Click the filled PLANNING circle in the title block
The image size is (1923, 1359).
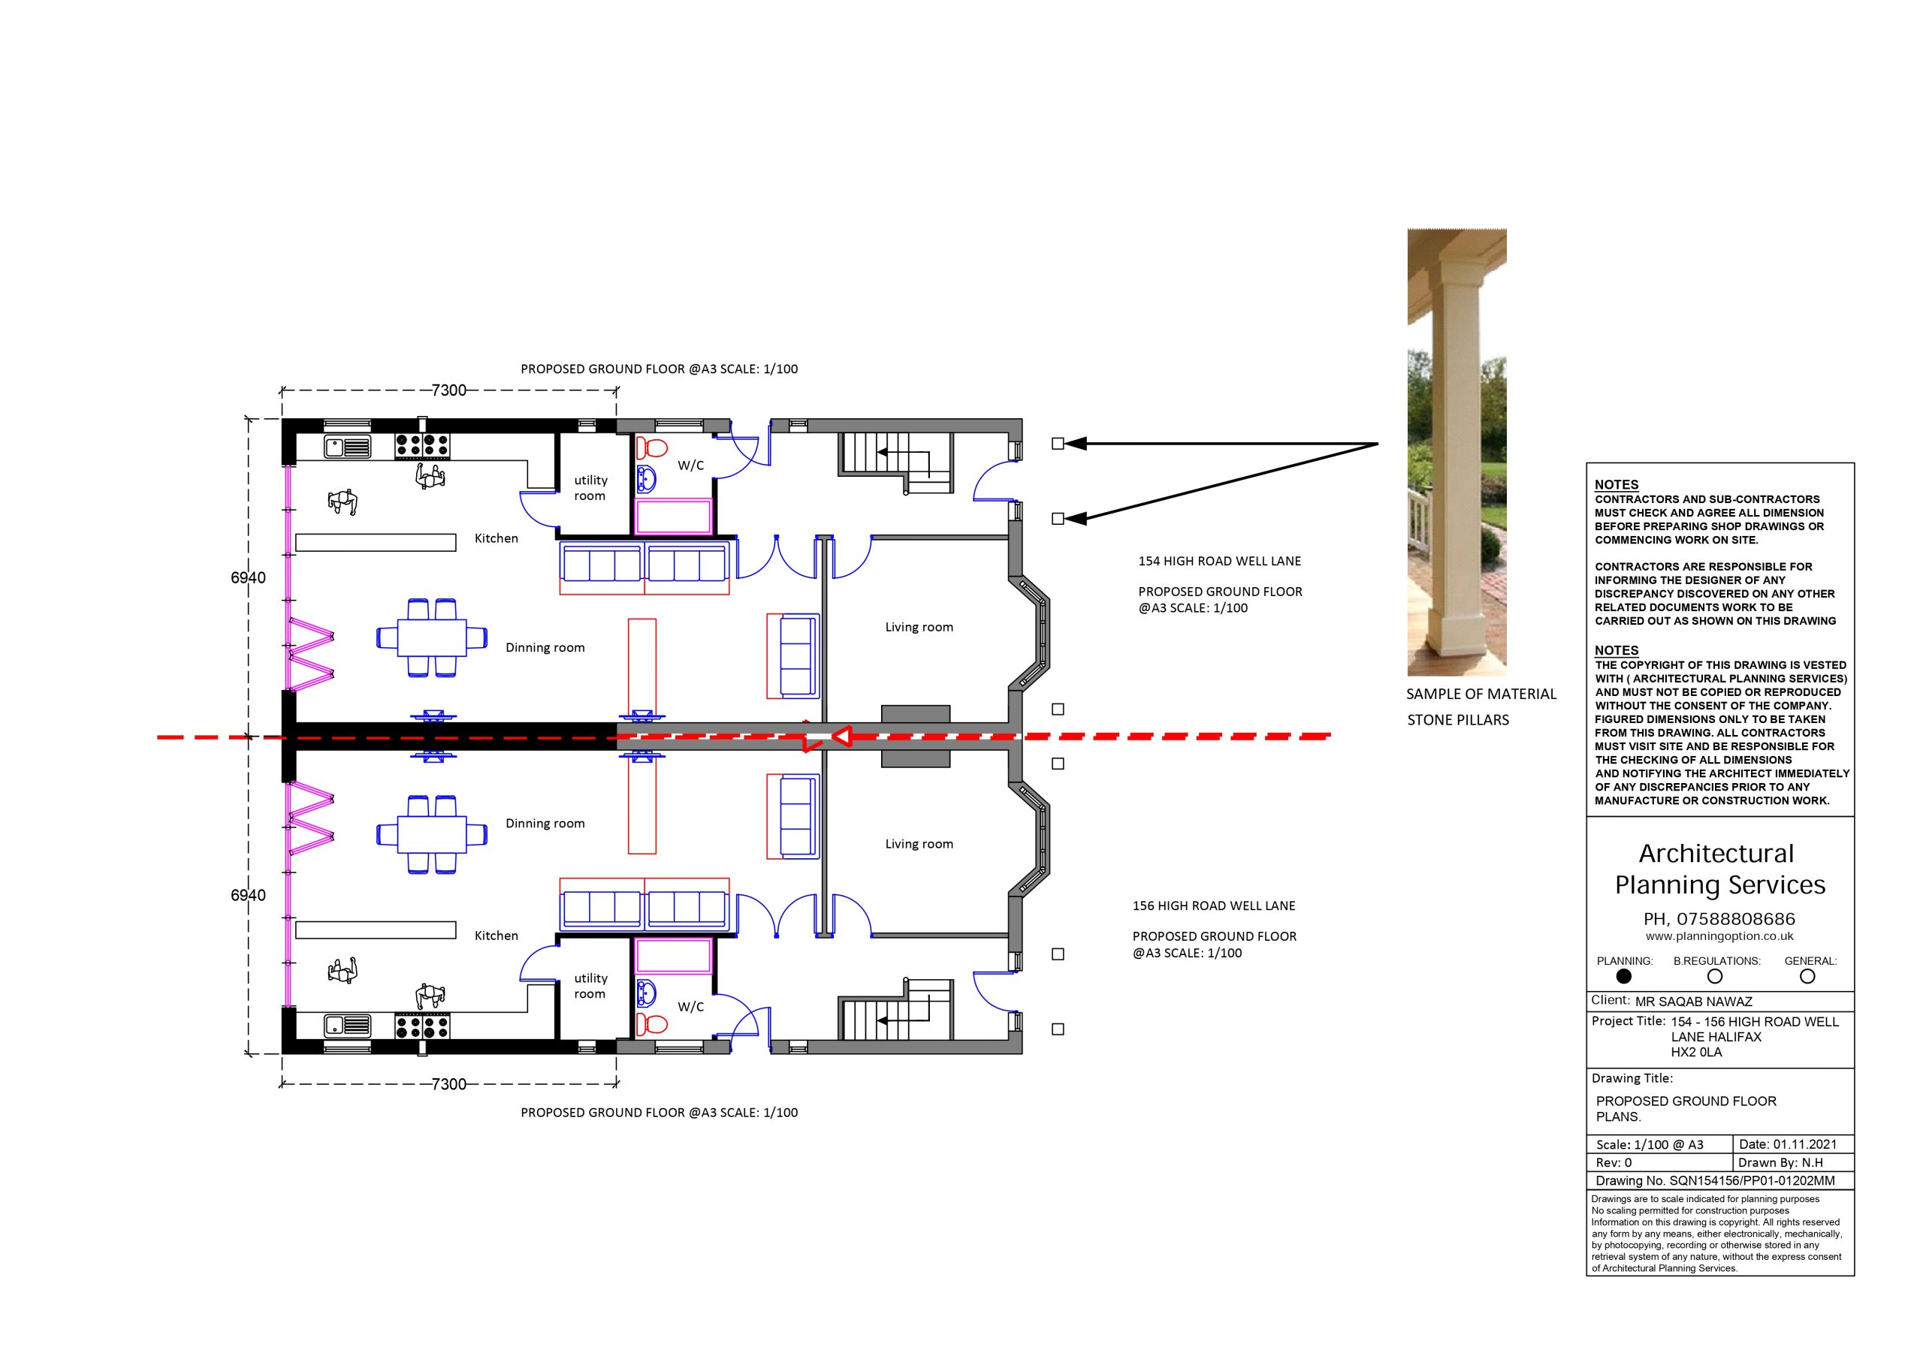[1623, 976]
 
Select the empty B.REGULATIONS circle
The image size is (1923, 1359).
[1714, 976]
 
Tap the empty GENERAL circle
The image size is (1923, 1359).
[1807, 976]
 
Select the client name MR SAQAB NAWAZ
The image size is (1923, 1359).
[1693, 1002]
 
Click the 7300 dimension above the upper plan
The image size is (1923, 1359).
[449, 390]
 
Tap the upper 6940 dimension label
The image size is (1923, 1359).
[248, 578]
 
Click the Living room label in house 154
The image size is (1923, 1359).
[919, 627]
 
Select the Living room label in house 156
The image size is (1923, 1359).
[919, 844]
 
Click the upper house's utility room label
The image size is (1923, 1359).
[590, 488]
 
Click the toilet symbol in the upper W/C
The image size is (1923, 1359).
[651, 446]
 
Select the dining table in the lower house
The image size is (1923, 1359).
[432, 835]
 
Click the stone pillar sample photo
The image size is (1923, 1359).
[1457, 452]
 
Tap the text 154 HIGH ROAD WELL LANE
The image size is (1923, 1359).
[1219, 561]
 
